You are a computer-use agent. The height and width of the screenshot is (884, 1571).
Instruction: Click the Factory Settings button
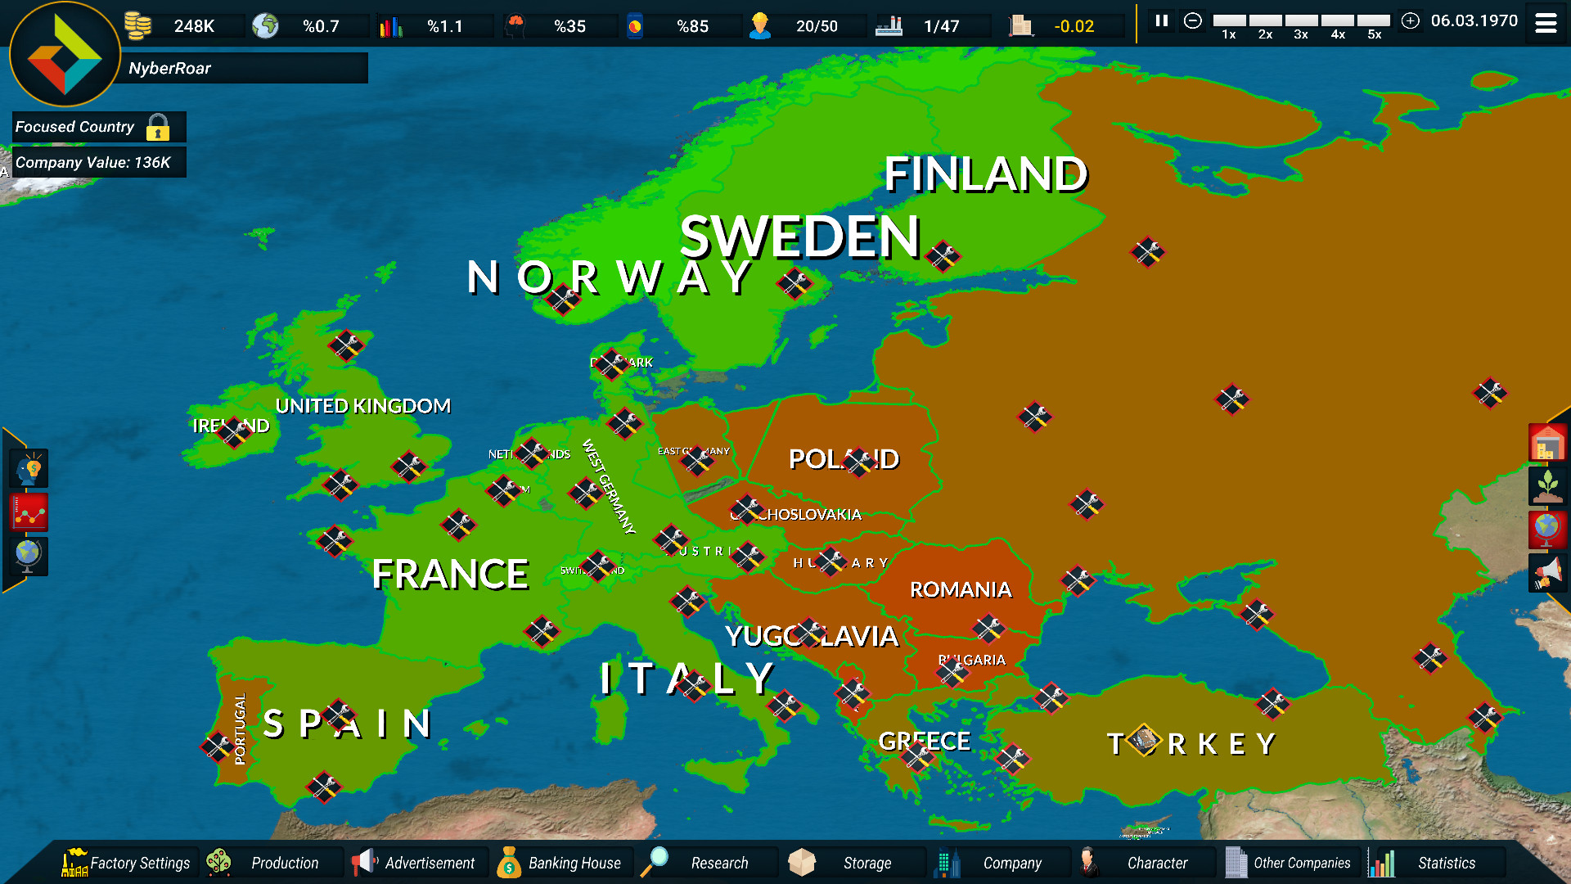pos(127,863)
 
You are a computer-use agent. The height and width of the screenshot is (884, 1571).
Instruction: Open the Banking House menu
pos(560,863)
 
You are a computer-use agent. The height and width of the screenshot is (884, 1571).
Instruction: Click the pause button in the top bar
pos(1161,21)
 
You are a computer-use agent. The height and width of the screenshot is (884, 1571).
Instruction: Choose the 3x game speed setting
pos(1301,25)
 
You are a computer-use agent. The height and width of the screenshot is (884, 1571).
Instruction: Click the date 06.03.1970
pos(1474,21)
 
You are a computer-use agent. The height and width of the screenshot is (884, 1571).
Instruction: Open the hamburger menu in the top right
pos(1546,24)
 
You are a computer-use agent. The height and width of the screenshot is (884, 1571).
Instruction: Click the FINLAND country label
pos(985,174)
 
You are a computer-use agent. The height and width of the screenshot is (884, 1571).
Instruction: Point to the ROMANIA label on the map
pos(961,589)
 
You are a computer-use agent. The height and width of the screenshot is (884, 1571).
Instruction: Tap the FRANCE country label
pos(450,574)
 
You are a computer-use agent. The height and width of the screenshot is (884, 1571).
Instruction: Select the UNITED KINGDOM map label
pos(362,406)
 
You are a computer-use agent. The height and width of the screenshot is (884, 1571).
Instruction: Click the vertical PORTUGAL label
pos(240,728)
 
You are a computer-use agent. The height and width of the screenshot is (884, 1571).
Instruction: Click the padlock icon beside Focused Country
pos(158,128)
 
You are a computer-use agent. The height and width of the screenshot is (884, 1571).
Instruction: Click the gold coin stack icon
pos(138,25)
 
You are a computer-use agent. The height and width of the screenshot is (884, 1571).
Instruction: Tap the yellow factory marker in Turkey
pos(1143,740)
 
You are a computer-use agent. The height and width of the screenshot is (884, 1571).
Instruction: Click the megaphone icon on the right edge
pos(1547,572)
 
